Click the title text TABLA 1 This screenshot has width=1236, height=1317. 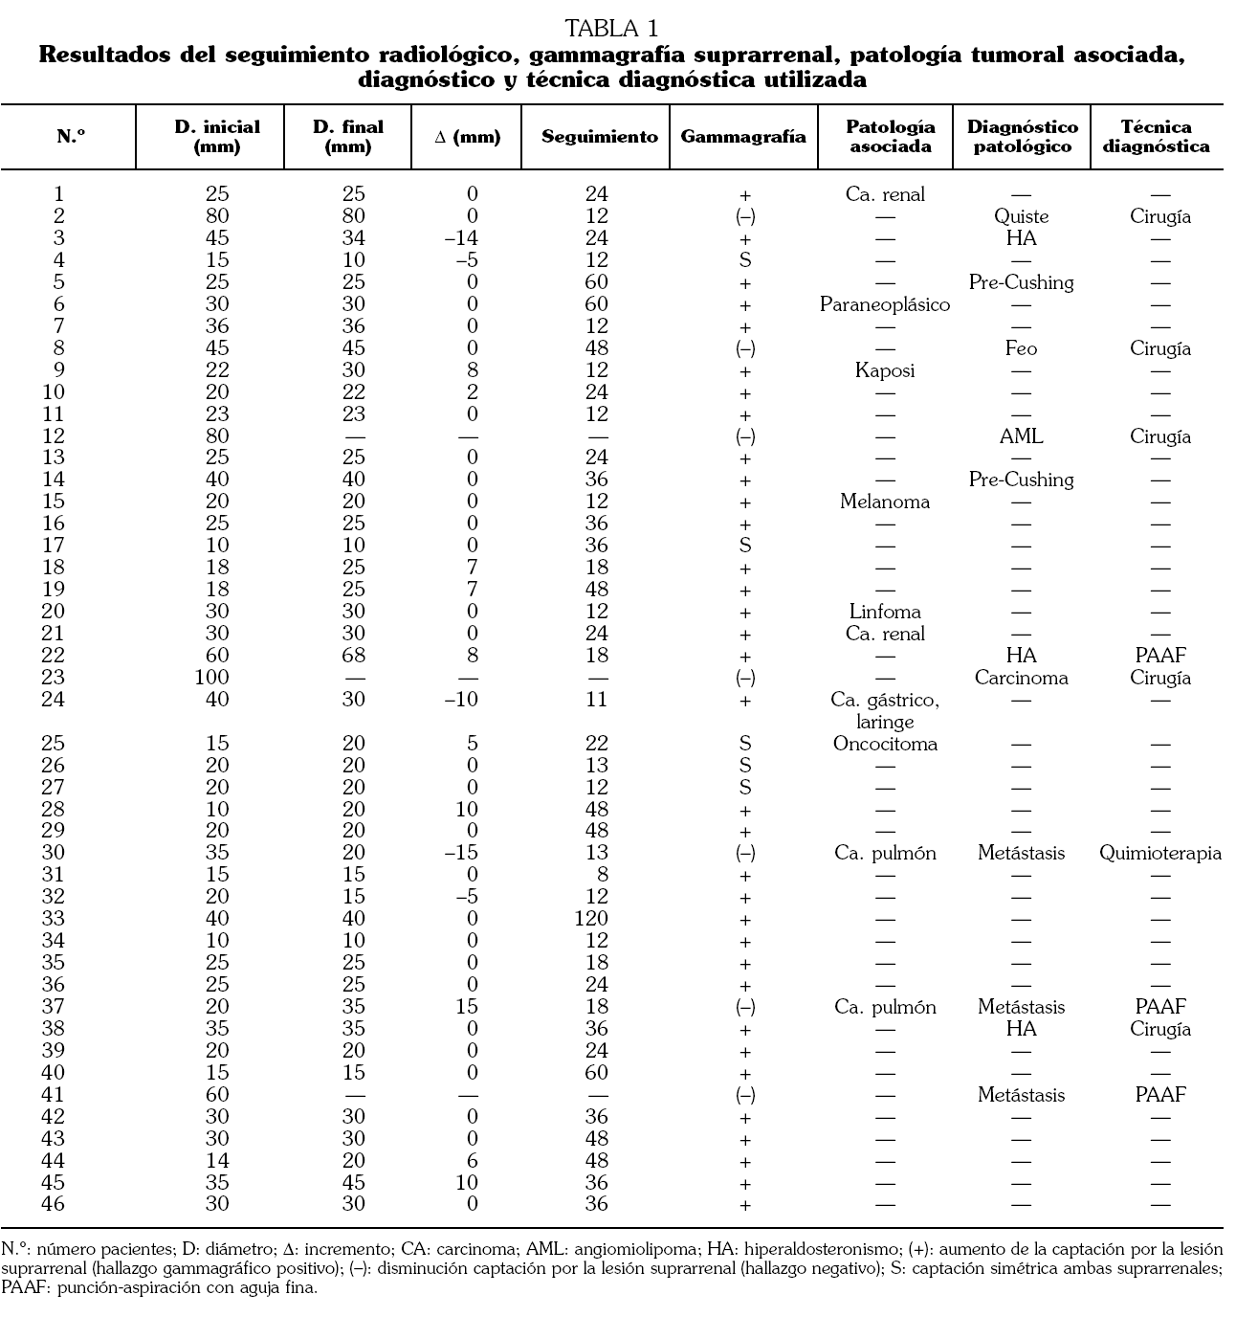click(611, 28)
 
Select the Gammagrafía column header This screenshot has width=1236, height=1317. click(743, 137)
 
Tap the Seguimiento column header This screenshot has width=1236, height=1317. click(599, 137)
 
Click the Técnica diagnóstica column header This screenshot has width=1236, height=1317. click(1156, 137)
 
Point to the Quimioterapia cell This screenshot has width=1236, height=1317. click(1159, 853)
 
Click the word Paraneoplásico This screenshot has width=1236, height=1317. click(885, 305)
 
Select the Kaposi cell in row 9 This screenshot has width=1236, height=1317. click(885, 371)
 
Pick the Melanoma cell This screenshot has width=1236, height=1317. click(885, 502)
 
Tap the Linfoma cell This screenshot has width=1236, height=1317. click(885, 612)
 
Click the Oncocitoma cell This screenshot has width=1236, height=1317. click(885, 744)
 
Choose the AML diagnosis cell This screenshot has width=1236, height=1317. click(1021, 436)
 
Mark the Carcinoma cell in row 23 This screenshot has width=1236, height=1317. click(1021, 678)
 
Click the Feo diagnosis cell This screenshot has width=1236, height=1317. click(1021, 349)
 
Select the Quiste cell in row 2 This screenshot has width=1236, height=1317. click(1021, 217)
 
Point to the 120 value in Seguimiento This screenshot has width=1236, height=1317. click(596, 919)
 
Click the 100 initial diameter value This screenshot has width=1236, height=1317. click(216, 678)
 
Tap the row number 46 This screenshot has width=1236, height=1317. click(54, 1204)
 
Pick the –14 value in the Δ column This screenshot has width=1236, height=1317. click(462, 239)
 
